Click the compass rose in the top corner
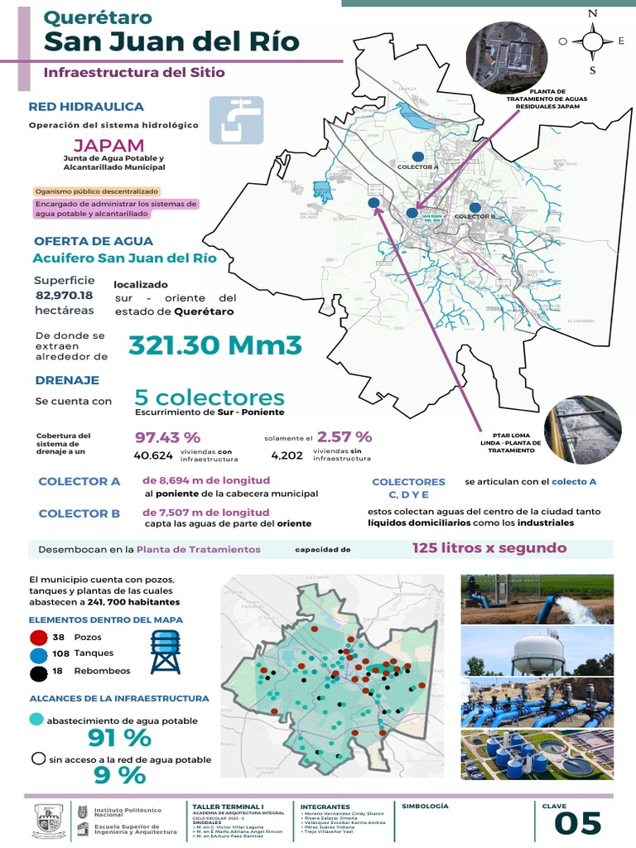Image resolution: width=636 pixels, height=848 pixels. (x=592, y=41)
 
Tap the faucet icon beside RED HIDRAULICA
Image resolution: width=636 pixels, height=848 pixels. (x=236, y=121)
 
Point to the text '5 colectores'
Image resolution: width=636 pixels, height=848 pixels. (x=209, y=397)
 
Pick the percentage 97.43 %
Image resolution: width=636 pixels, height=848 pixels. (x=167, y=436)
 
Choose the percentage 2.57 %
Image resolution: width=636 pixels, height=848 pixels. (x=344, y=436)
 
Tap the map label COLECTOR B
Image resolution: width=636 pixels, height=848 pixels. (x=475, y=216)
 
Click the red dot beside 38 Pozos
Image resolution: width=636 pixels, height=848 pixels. (x=37, y=638)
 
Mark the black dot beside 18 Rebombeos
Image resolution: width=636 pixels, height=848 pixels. (x=37, y=672)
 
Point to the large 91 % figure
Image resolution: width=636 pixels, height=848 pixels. (x=119, y=737)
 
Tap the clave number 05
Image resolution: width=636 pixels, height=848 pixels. (x=577, y=824)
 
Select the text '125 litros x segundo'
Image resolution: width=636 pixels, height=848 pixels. (x=489, y=548)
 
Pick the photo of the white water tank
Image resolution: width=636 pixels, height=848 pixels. (x=537, y=651)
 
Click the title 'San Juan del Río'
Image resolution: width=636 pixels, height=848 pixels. (x=171, y=42)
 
